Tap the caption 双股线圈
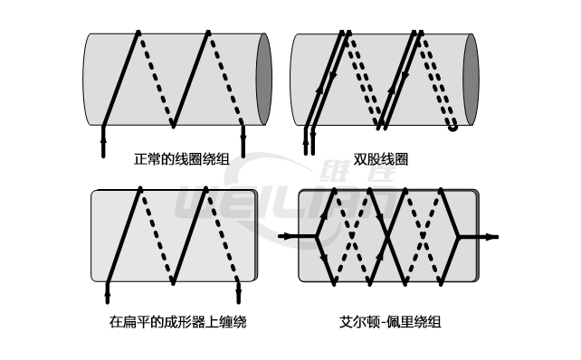tap(380, 159)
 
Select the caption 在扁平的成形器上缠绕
tap(177, 321)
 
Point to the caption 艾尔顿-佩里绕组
tap(388, 321)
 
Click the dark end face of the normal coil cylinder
tap(263, 78)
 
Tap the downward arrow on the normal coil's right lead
tap(243, 137)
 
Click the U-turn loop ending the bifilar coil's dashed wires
tap(452, 126)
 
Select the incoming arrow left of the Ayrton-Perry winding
tap(288, 236)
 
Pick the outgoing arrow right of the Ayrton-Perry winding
tap(491, 236)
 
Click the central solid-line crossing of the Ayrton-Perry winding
tap(388, 235)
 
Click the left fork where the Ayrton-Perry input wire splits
tap(318, 236)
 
